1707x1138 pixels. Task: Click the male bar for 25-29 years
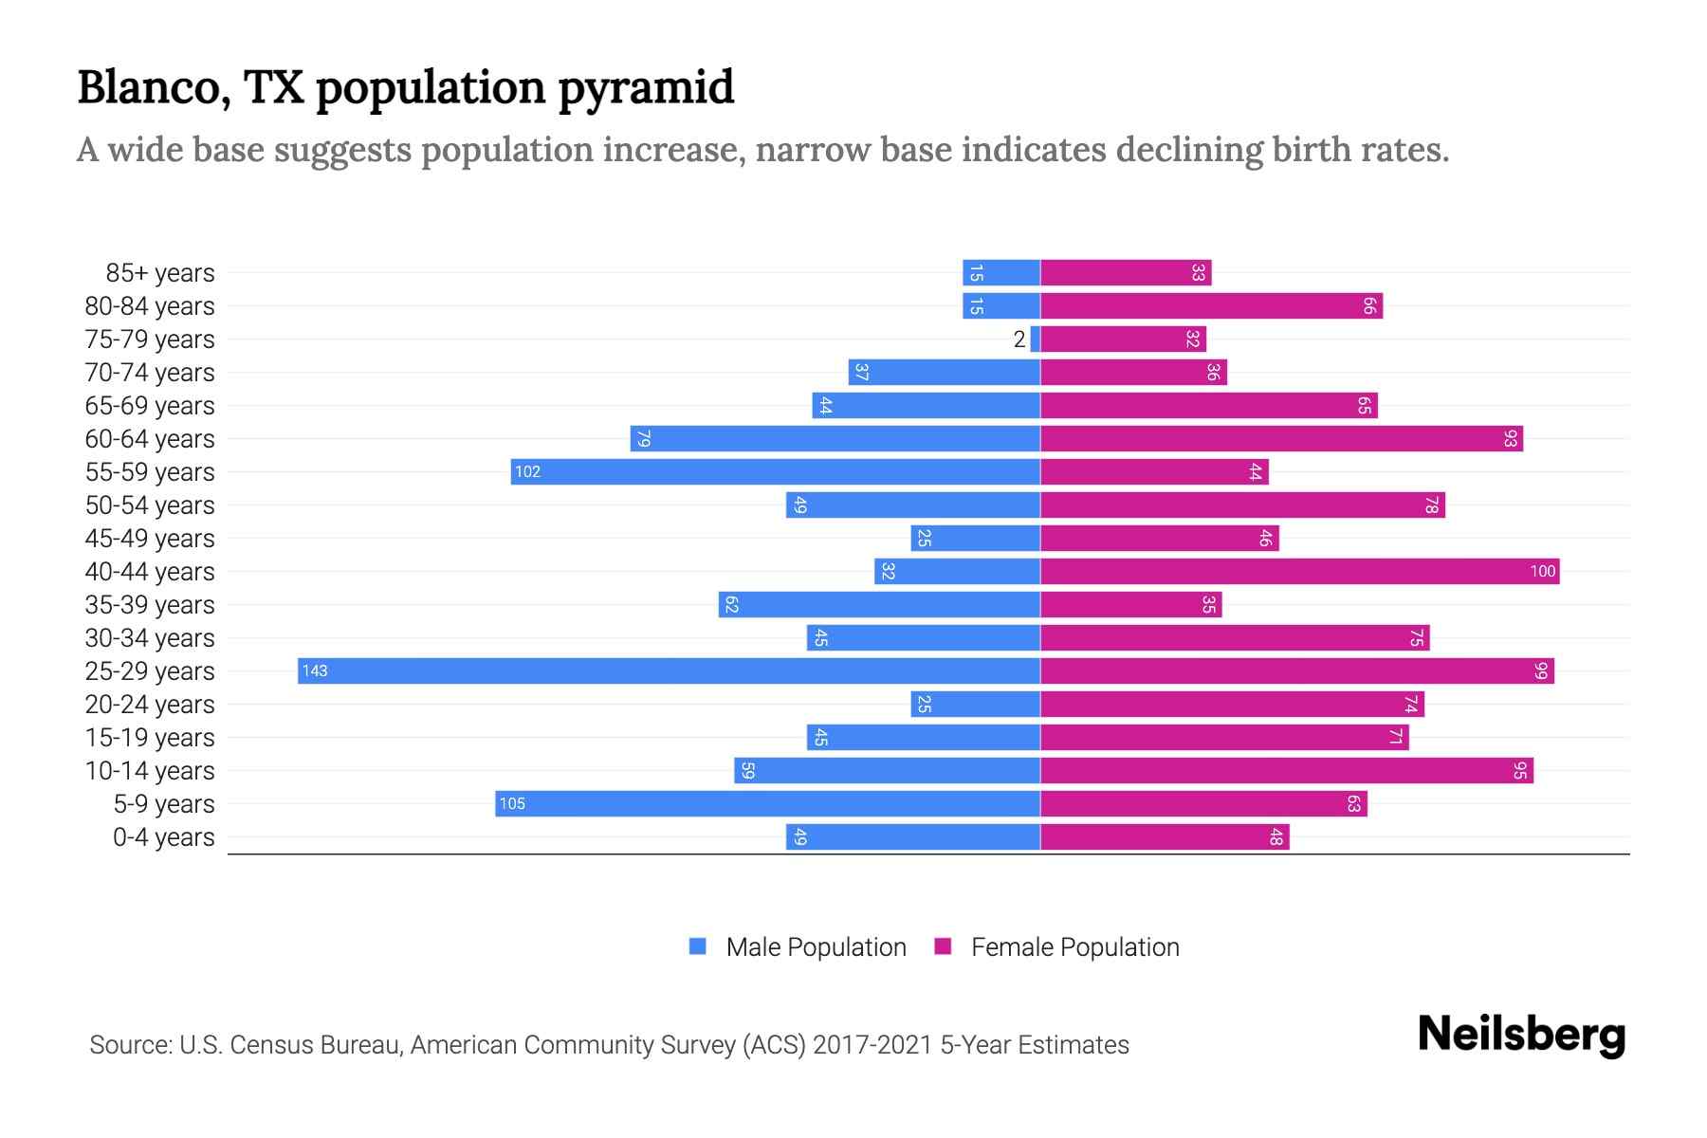coord(669,671)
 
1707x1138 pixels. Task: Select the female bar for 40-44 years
coord(1299,572)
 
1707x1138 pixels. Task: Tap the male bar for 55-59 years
coord(775,472)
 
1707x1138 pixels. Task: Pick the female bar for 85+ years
coord(1126,273)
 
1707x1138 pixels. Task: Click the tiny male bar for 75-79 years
coord(1036,340)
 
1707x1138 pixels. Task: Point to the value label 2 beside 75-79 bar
coord(1019,340)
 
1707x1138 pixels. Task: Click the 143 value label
coord(315,671)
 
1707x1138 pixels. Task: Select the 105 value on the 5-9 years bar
coord(512,804)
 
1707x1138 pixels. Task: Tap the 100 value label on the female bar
coord(1542,572)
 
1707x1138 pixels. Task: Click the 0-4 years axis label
coord(163,837)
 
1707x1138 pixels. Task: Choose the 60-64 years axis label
coord(150,439)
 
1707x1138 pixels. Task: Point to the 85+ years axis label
coord(160,273)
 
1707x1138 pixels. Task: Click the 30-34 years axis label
coord(150,638)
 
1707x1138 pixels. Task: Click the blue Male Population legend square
coord(698,946)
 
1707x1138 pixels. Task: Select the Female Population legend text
coord(1074,947)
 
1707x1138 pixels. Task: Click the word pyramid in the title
coord(646,88)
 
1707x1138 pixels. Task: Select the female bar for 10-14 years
coord(1287,771)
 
